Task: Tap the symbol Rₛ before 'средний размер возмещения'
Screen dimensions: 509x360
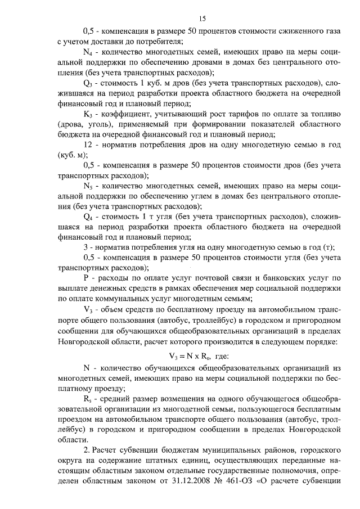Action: (x=87, y=397)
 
